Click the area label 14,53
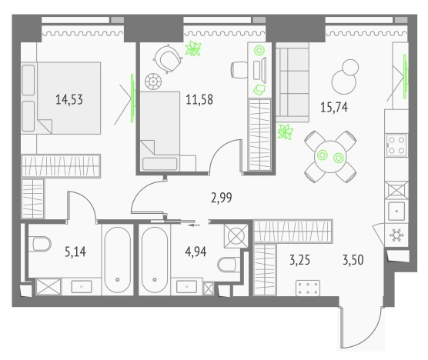point(69,99)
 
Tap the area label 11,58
point(199,99)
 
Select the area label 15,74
point(334,107)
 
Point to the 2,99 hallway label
point(222,198)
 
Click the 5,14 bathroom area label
point(75,252)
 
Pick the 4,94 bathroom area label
point(196,252)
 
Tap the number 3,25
point(299,260)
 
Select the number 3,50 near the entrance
point(353,260)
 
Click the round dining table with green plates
point(330,157)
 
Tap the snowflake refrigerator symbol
point(396,235)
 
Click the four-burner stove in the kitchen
point(396,145)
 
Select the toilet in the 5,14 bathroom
point(42,244)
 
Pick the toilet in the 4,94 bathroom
point(227,265)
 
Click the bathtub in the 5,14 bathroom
point(118,260)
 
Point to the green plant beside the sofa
point(286,132)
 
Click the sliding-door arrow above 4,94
point(194,225)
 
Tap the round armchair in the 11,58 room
point(168,58)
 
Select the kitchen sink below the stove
point(396,211)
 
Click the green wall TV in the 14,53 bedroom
point(132,98)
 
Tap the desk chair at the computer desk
point(239,70)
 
